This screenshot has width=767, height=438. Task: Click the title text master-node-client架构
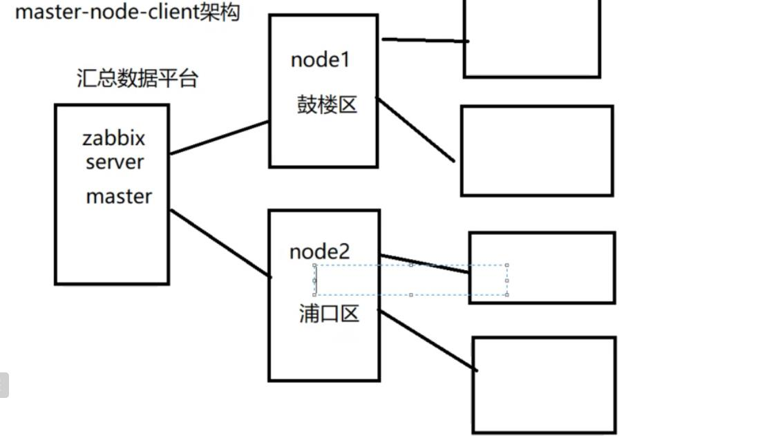(127, 12)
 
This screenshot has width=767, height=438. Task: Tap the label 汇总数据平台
(137, 78)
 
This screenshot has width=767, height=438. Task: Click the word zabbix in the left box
(114, 138)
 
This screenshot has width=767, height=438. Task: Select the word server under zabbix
(115, 162)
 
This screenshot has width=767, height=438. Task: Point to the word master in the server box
(119, 196)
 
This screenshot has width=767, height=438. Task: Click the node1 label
(321, 60)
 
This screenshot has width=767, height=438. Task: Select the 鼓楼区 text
(327, 104)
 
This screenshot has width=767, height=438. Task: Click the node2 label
(319, 251)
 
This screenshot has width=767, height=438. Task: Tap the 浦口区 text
(329, 314)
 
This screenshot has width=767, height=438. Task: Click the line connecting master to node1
(219, 137)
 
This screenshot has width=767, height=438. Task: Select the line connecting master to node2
(220, 243)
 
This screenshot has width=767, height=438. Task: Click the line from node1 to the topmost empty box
(425, 40)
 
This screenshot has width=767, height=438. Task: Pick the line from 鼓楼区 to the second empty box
(416, 130)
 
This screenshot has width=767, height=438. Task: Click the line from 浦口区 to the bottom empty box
(428, 341)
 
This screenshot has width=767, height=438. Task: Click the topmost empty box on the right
(531, 38)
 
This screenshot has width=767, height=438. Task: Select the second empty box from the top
(537, 151)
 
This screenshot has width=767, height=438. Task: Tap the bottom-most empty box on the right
(544, 385)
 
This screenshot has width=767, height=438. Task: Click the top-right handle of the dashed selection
(507, 265)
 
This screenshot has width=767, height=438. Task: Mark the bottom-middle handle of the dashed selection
(411, 295)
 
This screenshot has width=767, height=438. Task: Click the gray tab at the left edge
(3, 385)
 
